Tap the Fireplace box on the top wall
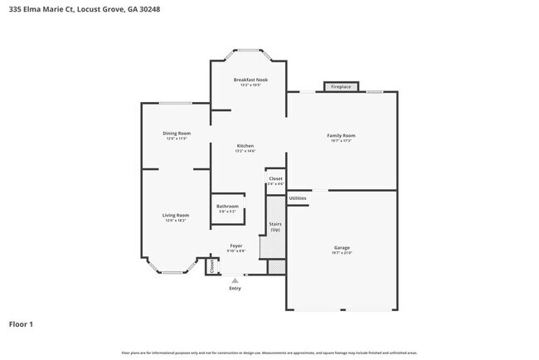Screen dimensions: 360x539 340,87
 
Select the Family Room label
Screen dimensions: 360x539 340,135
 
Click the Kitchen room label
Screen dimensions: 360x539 245,146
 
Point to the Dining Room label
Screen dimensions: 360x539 176,133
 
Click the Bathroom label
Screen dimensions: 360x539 227,206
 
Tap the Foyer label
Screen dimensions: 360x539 236,246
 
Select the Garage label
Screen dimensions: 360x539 341,246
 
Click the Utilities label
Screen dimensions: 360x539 298,198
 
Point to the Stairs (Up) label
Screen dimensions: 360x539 274,226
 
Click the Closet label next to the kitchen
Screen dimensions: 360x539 274,178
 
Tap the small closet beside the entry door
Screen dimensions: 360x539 211,266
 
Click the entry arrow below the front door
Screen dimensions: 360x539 235,280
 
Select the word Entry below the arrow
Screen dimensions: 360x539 235,288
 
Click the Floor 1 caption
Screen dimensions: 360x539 21,324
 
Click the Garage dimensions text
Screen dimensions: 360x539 341,252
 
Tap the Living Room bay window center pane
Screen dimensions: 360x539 173,272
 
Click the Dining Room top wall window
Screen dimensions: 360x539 176,103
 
